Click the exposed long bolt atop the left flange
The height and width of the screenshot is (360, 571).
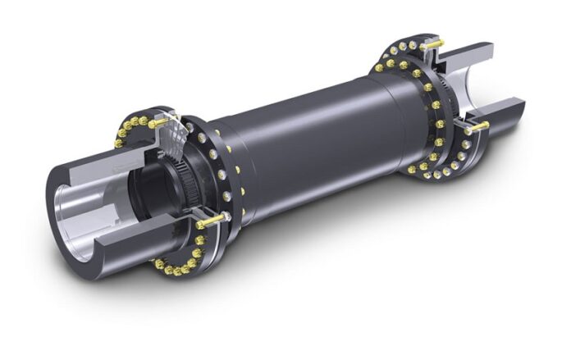(x=161, y=122)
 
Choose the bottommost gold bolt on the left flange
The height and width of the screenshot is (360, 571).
(x=177, y=271)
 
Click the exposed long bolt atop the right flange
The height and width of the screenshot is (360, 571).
(x=436, y=43)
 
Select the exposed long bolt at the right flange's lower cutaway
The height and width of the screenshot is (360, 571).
(x=476, y=127)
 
